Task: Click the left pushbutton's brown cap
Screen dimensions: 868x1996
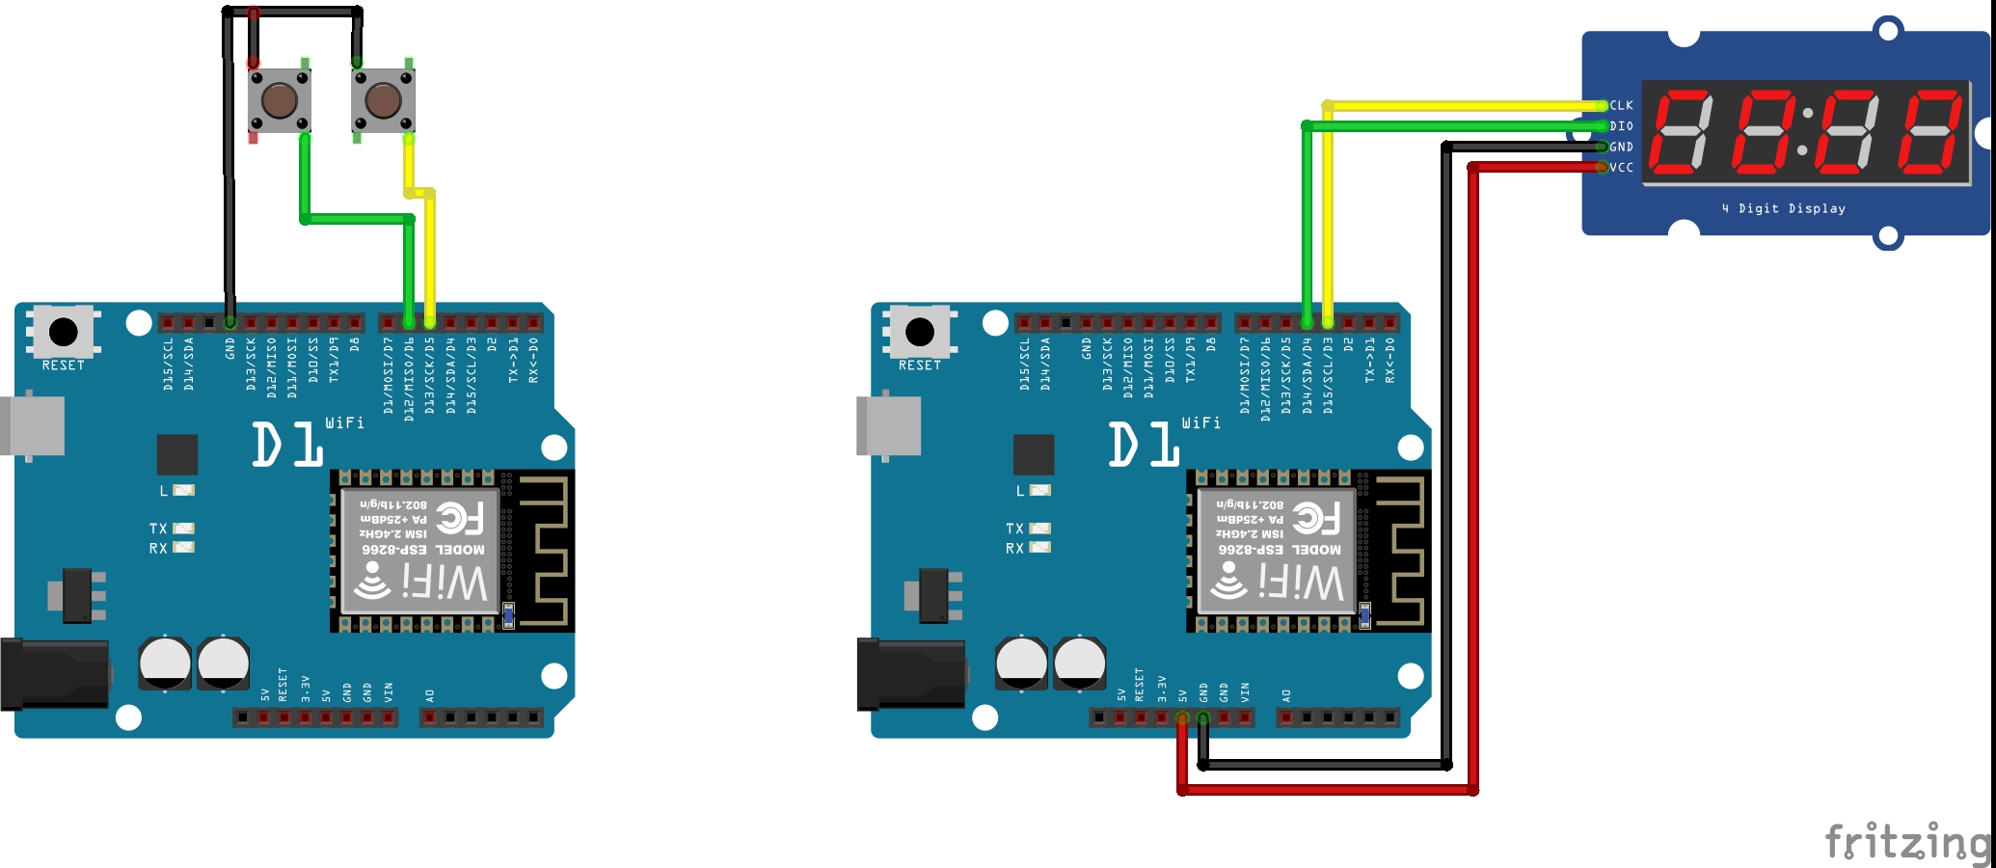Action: pos(280,100)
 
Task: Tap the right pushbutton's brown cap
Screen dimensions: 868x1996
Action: pos(383,100)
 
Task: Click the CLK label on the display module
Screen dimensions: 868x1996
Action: pos(1622,105)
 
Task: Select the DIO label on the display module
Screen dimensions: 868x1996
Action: pos(1622,126)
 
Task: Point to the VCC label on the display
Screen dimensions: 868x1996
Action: pos(1622,168)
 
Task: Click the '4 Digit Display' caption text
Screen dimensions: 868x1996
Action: pos(1784,208)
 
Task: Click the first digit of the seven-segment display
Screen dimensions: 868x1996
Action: pos(1681,132)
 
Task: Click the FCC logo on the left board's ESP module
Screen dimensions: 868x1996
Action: pos(460,518)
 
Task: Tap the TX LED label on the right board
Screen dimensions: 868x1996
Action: pos(1014,529)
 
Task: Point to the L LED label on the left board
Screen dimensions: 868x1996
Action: pos(164,491)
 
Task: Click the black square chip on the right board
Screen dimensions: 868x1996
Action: pos(1034,454)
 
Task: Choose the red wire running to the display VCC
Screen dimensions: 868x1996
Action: pos(1473,482)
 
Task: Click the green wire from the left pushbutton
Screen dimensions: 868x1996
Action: pos(357,219)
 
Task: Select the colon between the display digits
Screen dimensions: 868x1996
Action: pos(1805,132)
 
